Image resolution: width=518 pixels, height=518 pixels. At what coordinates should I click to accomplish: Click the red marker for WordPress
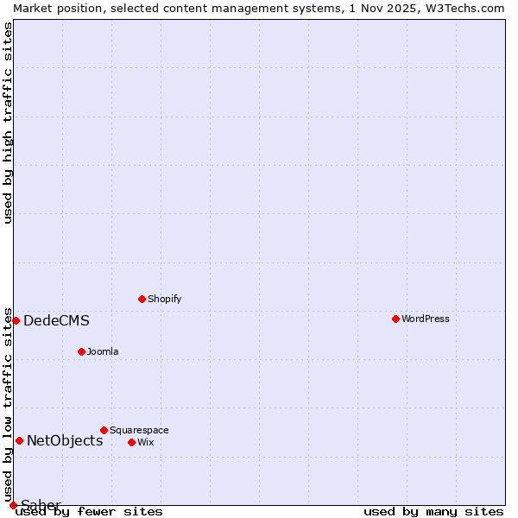[x=395, y=319]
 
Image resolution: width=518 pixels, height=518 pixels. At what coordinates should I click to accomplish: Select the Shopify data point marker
[x=142, y=299]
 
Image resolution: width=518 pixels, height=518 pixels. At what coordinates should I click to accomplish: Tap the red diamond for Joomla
[x=81, y=351]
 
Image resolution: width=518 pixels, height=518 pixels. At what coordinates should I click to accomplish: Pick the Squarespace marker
[x=104, y=430]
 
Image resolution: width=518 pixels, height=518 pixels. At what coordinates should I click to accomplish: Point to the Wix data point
[x=131, y=442]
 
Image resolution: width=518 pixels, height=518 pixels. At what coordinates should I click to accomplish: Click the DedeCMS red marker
[x=16, y=320]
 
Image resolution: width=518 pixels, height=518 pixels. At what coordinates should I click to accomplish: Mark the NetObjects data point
[x=19, y=440]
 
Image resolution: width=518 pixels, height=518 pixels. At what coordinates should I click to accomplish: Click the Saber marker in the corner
[x=13, y=505]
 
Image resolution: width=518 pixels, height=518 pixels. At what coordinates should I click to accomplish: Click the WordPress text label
[x=426, y=319]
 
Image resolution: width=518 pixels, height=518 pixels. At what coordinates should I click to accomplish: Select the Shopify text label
[x=164, y=299]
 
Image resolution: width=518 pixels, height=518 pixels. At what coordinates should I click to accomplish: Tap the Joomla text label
[x=103, y=351]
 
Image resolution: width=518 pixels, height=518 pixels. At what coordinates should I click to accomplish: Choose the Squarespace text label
[x=139, y=430]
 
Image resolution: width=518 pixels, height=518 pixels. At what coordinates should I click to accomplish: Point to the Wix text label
[x=145, y=442]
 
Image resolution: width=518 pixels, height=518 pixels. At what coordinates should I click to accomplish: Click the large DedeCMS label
[x=56, y=321]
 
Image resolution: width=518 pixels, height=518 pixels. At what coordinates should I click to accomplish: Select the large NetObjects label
[x=65, y=441]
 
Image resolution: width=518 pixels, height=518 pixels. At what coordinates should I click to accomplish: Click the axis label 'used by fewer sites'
[x=89, y=511]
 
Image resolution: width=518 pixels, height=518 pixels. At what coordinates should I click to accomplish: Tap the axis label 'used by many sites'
[x=433, y=511]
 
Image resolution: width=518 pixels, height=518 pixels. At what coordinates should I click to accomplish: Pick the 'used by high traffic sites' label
[x=8, y=122]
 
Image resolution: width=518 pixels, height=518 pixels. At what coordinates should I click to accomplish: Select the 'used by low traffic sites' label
[x=8, y=405]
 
